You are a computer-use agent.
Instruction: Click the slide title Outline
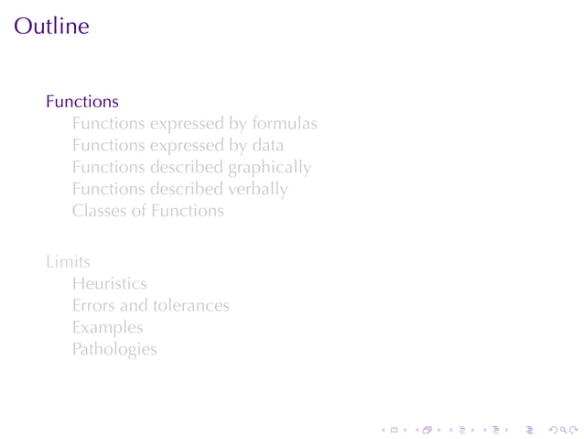52,26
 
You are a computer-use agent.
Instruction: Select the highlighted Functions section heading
82,101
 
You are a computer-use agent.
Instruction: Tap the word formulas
285,123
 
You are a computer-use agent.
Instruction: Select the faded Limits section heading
68,262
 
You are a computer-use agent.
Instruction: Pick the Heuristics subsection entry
109,284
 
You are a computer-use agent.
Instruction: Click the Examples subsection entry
107,327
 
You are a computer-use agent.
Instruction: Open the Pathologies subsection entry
114,349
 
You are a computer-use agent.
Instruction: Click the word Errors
93,305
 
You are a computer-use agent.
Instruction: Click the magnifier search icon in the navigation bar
562,428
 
